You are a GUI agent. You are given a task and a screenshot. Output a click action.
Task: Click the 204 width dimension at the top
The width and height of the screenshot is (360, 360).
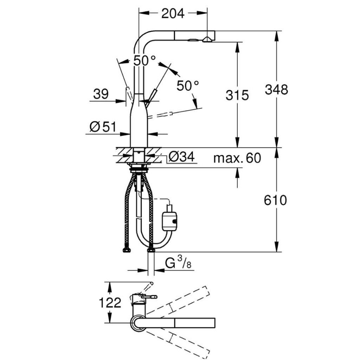pos(173,13)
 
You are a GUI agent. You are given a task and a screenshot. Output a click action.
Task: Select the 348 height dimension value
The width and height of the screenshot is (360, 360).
pos(276,90)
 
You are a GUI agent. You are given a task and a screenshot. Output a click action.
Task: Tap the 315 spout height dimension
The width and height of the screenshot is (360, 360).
pos(237,95)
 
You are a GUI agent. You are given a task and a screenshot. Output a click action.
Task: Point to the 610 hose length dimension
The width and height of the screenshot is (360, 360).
pos(276,200)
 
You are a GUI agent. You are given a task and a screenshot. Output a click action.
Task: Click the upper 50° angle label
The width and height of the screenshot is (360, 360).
pos(144,61)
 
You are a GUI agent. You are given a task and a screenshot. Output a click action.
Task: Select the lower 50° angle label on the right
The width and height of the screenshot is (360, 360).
pos(187,85)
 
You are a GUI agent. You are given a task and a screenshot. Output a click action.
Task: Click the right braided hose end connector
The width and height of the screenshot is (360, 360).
pos(151,250)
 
